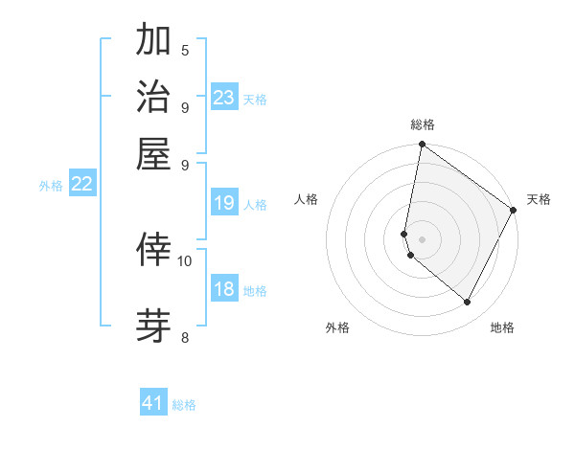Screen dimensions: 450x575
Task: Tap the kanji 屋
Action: (x=153, y=153)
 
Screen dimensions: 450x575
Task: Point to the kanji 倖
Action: (x=153, y=248)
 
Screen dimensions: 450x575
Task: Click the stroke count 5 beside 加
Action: (x=185, y=50)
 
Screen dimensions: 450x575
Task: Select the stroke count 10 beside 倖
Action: (x=185, y=259)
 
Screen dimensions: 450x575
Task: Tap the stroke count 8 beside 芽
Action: (x=185, y=337)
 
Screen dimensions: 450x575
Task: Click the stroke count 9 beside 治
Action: (x=185, y=107)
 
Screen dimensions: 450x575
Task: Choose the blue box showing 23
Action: (x=224, y=98)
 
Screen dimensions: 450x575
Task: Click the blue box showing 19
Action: (x=224, y=203)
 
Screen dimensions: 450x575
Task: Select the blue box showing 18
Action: (x=224, y=289)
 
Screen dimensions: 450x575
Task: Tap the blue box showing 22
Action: (x=82, y=185)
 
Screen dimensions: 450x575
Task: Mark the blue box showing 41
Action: (x=153, y=403)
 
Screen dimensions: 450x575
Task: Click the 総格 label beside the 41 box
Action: (x=184, y=405)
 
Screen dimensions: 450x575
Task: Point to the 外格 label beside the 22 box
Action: (x=51, y=187)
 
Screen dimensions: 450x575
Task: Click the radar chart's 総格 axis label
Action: (x=423, y=125)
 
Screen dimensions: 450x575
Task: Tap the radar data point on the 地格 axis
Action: (x=468, y=303)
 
